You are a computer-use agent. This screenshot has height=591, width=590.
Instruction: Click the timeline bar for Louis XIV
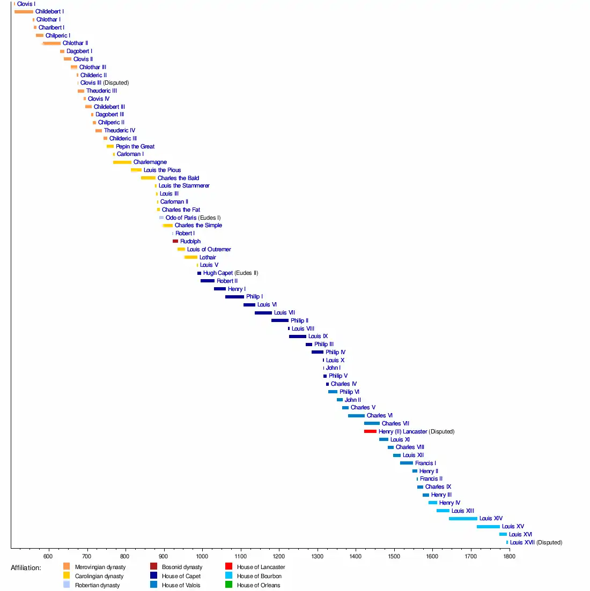[x=463, y=519]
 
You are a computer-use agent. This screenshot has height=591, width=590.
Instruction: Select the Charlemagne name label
[x=150, y=162]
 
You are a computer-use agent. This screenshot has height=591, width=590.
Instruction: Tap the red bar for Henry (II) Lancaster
[x=370, y=431]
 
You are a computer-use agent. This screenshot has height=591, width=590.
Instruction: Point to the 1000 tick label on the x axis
[x=202, y=556]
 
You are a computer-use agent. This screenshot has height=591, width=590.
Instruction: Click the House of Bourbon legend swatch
[x=228, y=576]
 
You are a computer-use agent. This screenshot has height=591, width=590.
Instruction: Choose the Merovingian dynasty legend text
[x=100, y=567]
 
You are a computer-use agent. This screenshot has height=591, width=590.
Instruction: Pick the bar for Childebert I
[x=24, y=12]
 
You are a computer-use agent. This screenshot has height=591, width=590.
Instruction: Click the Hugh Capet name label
[x=218, y=273]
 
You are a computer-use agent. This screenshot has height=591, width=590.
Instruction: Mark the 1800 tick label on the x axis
[x=509, y=556]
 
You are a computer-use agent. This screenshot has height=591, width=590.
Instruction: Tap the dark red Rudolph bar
[x=175, y=242]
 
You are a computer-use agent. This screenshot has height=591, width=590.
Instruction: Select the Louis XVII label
[x=522, y=543]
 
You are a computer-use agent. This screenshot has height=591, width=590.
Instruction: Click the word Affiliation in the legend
[x=26, y=568]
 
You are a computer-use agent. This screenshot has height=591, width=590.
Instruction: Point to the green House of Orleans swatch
[x=228, y=585]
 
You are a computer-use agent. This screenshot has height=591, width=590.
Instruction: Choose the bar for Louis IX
[x=298, y=336]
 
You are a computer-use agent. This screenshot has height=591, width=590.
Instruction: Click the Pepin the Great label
[x=135, y=146]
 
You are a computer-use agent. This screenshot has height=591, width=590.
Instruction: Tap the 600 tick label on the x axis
[x=49, y=556]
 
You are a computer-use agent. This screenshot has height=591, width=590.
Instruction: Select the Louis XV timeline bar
[x=488, y=527]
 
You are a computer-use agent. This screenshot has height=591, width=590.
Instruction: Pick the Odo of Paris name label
[x=181, y=218]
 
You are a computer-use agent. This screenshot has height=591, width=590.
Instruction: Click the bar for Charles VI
[x=356, y=416]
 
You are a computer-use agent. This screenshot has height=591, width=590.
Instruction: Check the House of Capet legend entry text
[x=181, y=576]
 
